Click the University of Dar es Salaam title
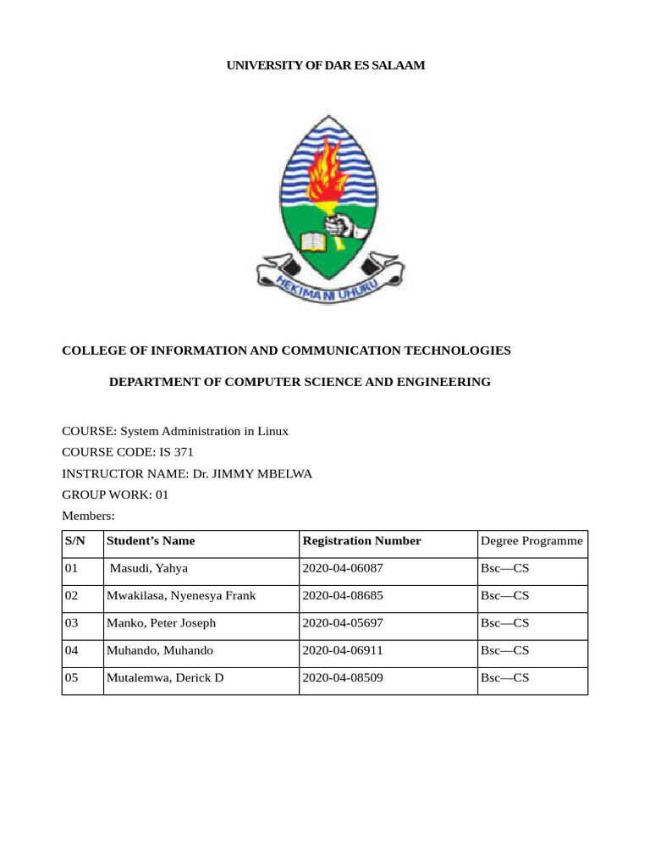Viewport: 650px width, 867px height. (325, 65)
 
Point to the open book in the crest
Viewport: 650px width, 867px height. (312, 242)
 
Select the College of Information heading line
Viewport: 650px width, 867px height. (286, 350)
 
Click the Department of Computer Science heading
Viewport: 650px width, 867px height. (300, 382)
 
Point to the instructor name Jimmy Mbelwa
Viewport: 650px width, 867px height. (252, 474)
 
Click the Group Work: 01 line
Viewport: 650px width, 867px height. (115, 495)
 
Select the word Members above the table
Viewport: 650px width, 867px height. (88, 516)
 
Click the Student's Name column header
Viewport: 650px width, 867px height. (151, 541)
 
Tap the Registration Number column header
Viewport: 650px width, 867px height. (361, 541)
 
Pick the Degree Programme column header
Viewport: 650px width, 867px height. (532, 541)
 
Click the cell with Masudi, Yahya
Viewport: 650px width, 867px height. (148, 568)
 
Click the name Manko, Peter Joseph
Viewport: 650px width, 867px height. (161, 623)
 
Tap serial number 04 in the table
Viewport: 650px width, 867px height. (71, 650)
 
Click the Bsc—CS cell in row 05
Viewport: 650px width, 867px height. (504, 678)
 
